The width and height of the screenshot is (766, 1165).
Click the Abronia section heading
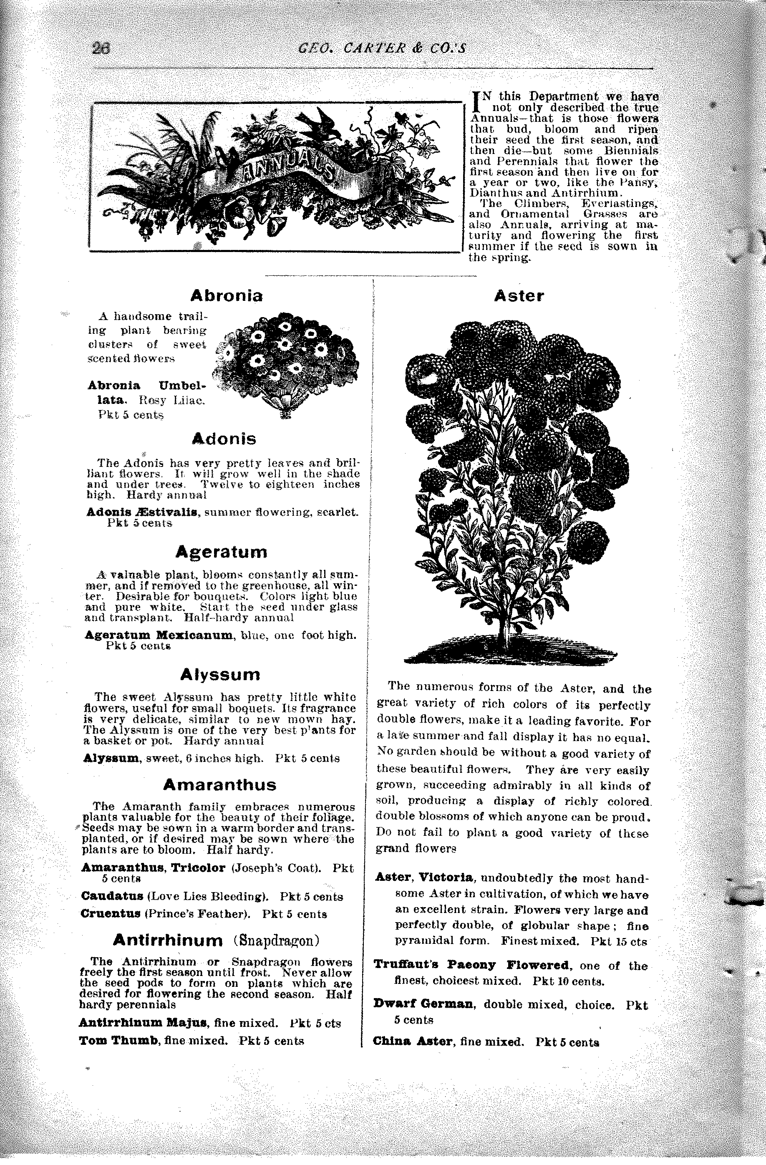(226, 296)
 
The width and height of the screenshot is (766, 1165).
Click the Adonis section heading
(224, 439)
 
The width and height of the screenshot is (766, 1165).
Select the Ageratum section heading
(221, 552)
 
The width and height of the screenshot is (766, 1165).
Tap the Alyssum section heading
(220, 675)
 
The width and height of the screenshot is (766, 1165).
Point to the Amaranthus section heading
(219, 785)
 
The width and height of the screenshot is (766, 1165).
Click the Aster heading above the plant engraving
(519, 296)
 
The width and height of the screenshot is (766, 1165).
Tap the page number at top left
(102, 48)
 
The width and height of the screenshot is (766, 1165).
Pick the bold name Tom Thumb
(119, 1041)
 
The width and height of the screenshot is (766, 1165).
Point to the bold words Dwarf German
(424, 1004)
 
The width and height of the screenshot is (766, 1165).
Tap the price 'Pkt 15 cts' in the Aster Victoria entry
(618, 941)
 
